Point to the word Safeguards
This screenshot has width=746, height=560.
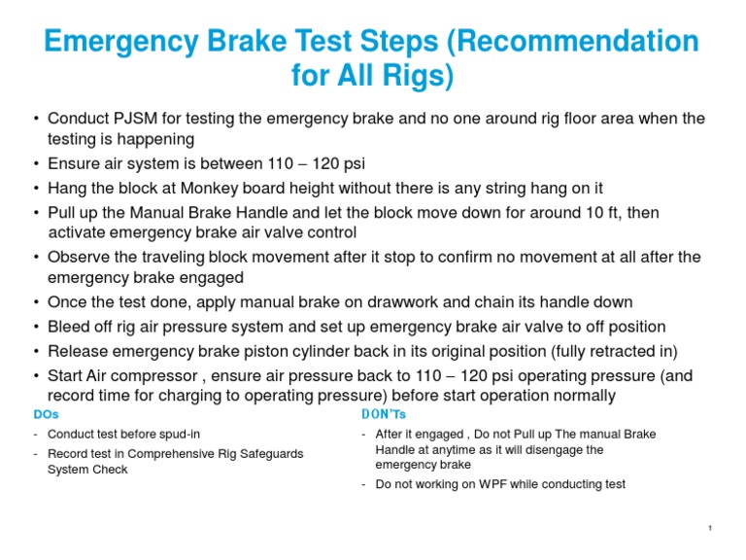(x=268, y=454)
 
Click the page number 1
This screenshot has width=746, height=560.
(x=712, y=528)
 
